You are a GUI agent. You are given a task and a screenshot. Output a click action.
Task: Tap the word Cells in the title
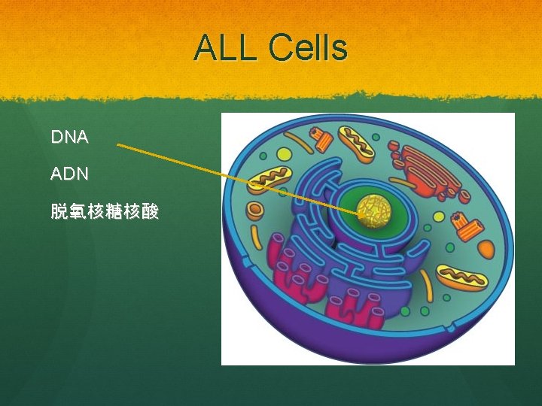tap(306, 48)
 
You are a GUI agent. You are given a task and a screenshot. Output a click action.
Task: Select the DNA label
tap(69, 137)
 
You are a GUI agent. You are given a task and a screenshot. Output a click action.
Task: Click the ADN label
tap(69, 174)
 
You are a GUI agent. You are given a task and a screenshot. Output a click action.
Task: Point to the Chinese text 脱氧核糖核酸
tap(105, 212)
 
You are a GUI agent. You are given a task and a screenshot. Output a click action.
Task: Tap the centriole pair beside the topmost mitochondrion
tap(322, 140)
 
